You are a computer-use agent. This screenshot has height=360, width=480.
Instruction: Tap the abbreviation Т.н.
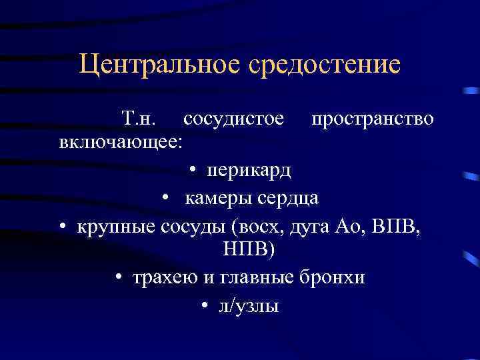coord(139,119)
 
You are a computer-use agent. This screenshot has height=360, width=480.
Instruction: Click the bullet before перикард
coord(191,171)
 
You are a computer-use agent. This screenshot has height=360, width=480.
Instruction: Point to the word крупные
coord(118,225)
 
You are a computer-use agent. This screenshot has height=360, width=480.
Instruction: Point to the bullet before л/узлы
coord(203,306)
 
